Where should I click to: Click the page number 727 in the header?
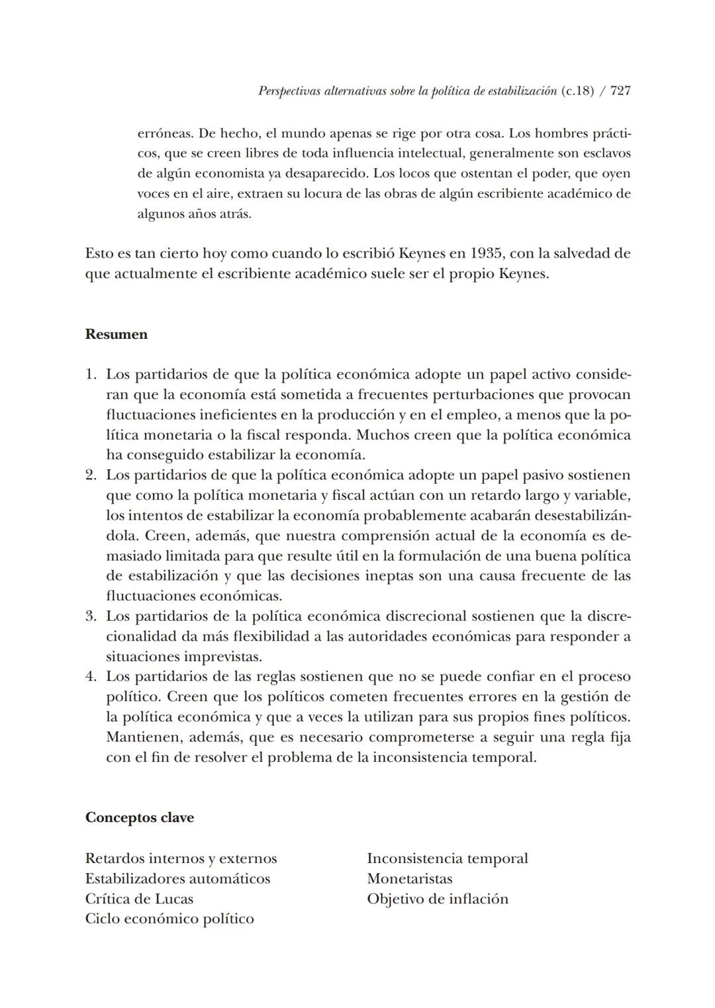620,91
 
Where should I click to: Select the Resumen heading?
117,334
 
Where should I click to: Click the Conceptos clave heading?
140,817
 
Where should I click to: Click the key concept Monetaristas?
410,879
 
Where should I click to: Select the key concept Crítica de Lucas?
139,899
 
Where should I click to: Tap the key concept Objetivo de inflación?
438,899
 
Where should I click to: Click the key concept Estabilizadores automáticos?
177,879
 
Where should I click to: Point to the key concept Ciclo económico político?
169,919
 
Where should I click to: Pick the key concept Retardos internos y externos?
181,858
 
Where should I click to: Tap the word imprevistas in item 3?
221,657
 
